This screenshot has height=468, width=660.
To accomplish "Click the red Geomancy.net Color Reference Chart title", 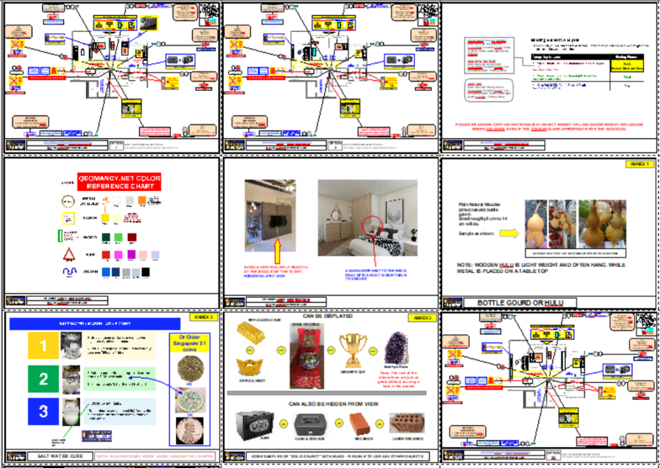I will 119,182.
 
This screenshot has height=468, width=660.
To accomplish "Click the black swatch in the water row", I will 146,272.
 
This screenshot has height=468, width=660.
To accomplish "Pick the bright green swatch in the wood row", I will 119,236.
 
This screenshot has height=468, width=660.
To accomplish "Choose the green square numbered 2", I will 44,379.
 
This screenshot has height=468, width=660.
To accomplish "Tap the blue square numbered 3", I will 44,411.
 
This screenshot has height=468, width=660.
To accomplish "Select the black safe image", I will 254,422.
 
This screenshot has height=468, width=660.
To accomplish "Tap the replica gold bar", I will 254,336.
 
